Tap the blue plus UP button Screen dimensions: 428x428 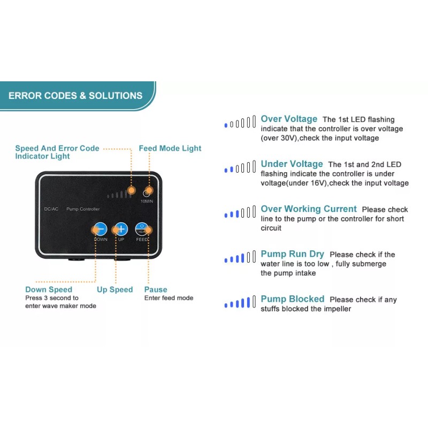click(x=121, y=229)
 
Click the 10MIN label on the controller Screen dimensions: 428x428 click(x=147, y=201)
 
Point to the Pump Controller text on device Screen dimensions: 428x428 click(x=82, y=209)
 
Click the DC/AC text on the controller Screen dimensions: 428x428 click(x=51, y=209)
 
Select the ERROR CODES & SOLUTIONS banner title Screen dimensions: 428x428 click(x=75, y=96)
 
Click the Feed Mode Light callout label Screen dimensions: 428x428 click(x=170, y=148)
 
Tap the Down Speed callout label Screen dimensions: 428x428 click(x=49, y=289)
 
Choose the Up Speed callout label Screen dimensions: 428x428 click(x=114, y=289)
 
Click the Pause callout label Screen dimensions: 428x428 click(x=156, y=289)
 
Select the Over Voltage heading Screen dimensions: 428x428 click(x=289, y=119)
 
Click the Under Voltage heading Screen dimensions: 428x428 click(x=292, y=164)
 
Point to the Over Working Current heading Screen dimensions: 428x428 click(x=309, y=209)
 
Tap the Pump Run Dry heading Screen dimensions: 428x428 click(x=293, y=254)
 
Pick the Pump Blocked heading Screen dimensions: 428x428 click(x=292, y=299)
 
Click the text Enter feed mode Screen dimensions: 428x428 click(x=169, y=298)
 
